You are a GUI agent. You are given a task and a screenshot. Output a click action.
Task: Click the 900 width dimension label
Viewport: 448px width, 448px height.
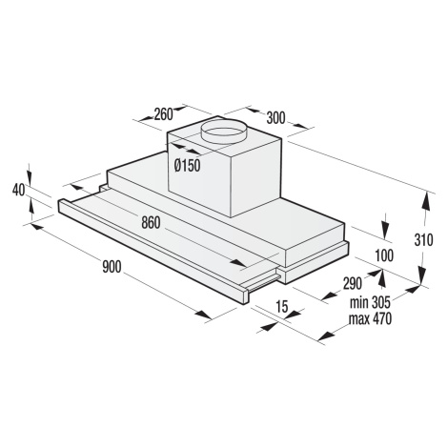tap(112, 266)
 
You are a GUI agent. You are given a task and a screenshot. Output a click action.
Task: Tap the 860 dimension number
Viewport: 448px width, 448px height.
tap(151, 222)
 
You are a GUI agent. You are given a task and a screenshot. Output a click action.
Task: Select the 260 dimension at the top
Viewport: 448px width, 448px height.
tap(163, 114)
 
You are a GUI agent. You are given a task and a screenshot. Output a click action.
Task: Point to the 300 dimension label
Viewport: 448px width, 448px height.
tap(275, 118)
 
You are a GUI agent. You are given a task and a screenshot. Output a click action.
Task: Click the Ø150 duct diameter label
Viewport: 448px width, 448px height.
tap(188, 166)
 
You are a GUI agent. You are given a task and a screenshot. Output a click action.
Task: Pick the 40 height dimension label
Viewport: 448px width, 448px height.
tap(19, 190)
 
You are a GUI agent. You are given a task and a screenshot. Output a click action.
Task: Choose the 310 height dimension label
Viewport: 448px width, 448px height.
tap(423, 240)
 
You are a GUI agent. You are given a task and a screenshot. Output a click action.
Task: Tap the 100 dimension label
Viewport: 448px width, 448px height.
tap(384, 255)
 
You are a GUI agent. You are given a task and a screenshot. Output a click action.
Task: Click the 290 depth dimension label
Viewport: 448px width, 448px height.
tap(353, 283)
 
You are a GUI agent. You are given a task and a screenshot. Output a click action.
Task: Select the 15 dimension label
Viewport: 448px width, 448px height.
tap(282, 306)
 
